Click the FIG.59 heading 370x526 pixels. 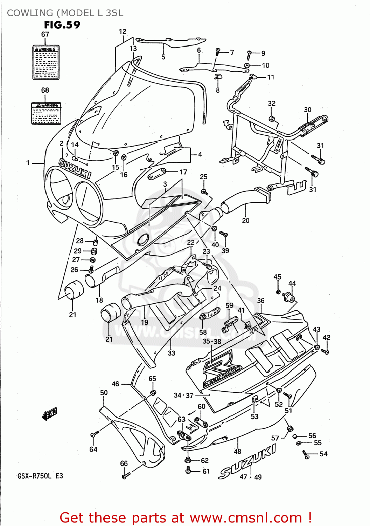[62, 25]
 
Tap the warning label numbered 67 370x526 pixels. [46, 62]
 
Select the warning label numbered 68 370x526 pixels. [46, 113]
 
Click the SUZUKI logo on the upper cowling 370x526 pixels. [75, 169]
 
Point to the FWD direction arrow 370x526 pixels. [49, 414]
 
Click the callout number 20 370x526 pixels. [246, 221]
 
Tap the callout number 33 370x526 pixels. [171, 353]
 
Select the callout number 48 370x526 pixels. [237, 452]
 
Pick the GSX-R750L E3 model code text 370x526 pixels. [40, 476]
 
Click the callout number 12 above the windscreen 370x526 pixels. [123, 32]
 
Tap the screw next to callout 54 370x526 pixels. [306, 455]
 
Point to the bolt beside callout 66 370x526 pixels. [126, 476]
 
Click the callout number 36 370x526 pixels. [261, 301]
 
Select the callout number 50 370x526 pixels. [104, 393]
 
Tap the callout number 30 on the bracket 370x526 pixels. [307, 110]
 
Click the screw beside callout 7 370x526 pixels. [218, 52]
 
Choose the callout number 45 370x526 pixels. [277, 277]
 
